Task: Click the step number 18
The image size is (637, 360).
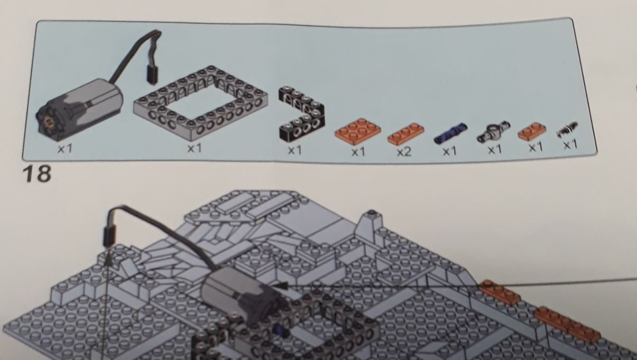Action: [x=38, y=174]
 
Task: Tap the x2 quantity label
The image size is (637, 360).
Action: [x=404, y=152]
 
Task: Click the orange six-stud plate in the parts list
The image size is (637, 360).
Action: [x=358, y=130]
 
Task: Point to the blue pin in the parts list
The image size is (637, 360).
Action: [x=450, y=133]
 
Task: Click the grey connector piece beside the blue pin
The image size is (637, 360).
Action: [x=493, y=131]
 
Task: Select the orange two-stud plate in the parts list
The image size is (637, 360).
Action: [x=532, y=131]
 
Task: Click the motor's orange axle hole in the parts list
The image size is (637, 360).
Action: [x=49, y=121]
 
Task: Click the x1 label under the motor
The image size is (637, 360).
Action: [x=65, y=149]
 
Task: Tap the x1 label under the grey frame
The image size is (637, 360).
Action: [x=194, y=148]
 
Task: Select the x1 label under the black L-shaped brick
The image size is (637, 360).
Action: [x=295, y=150]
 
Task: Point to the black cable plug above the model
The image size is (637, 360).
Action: [x=109, y=234]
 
